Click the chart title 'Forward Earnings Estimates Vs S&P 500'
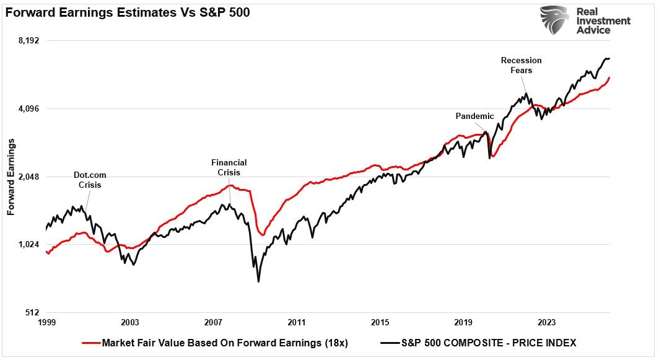click(x=128, y=13)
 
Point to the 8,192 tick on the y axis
click(x=28, y=41)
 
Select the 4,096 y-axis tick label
click(x=28, y=109)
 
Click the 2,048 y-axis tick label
click(x=28, y=177)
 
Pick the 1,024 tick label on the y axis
click(x=28, y=245)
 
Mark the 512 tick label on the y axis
click(x=32, y=312)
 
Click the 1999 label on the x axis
click(x=46, y=323)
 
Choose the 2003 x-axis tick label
click(x=130, y=323)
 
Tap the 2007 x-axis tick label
click(x=213, y=323)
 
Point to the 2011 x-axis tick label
click(x=297, y=323)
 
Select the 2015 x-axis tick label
click(x=380, y=323)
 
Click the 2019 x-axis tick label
click(x=463, y=323)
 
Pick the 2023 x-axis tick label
click(x=547, y=323)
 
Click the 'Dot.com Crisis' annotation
click(x=90, y=180)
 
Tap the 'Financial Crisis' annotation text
click(x=229, y=167)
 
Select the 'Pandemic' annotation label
click(x=474, y=116)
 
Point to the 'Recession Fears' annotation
click(x=521, y=65)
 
